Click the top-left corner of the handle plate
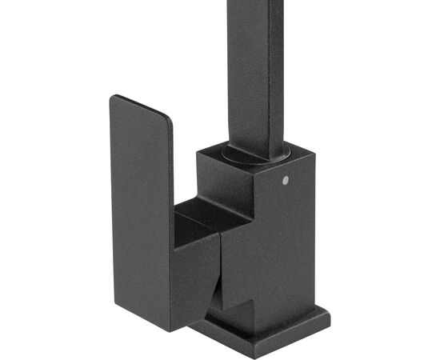[113, 98]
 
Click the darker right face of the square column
[277, 72]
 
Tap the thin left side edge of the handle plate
[111, 200]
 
